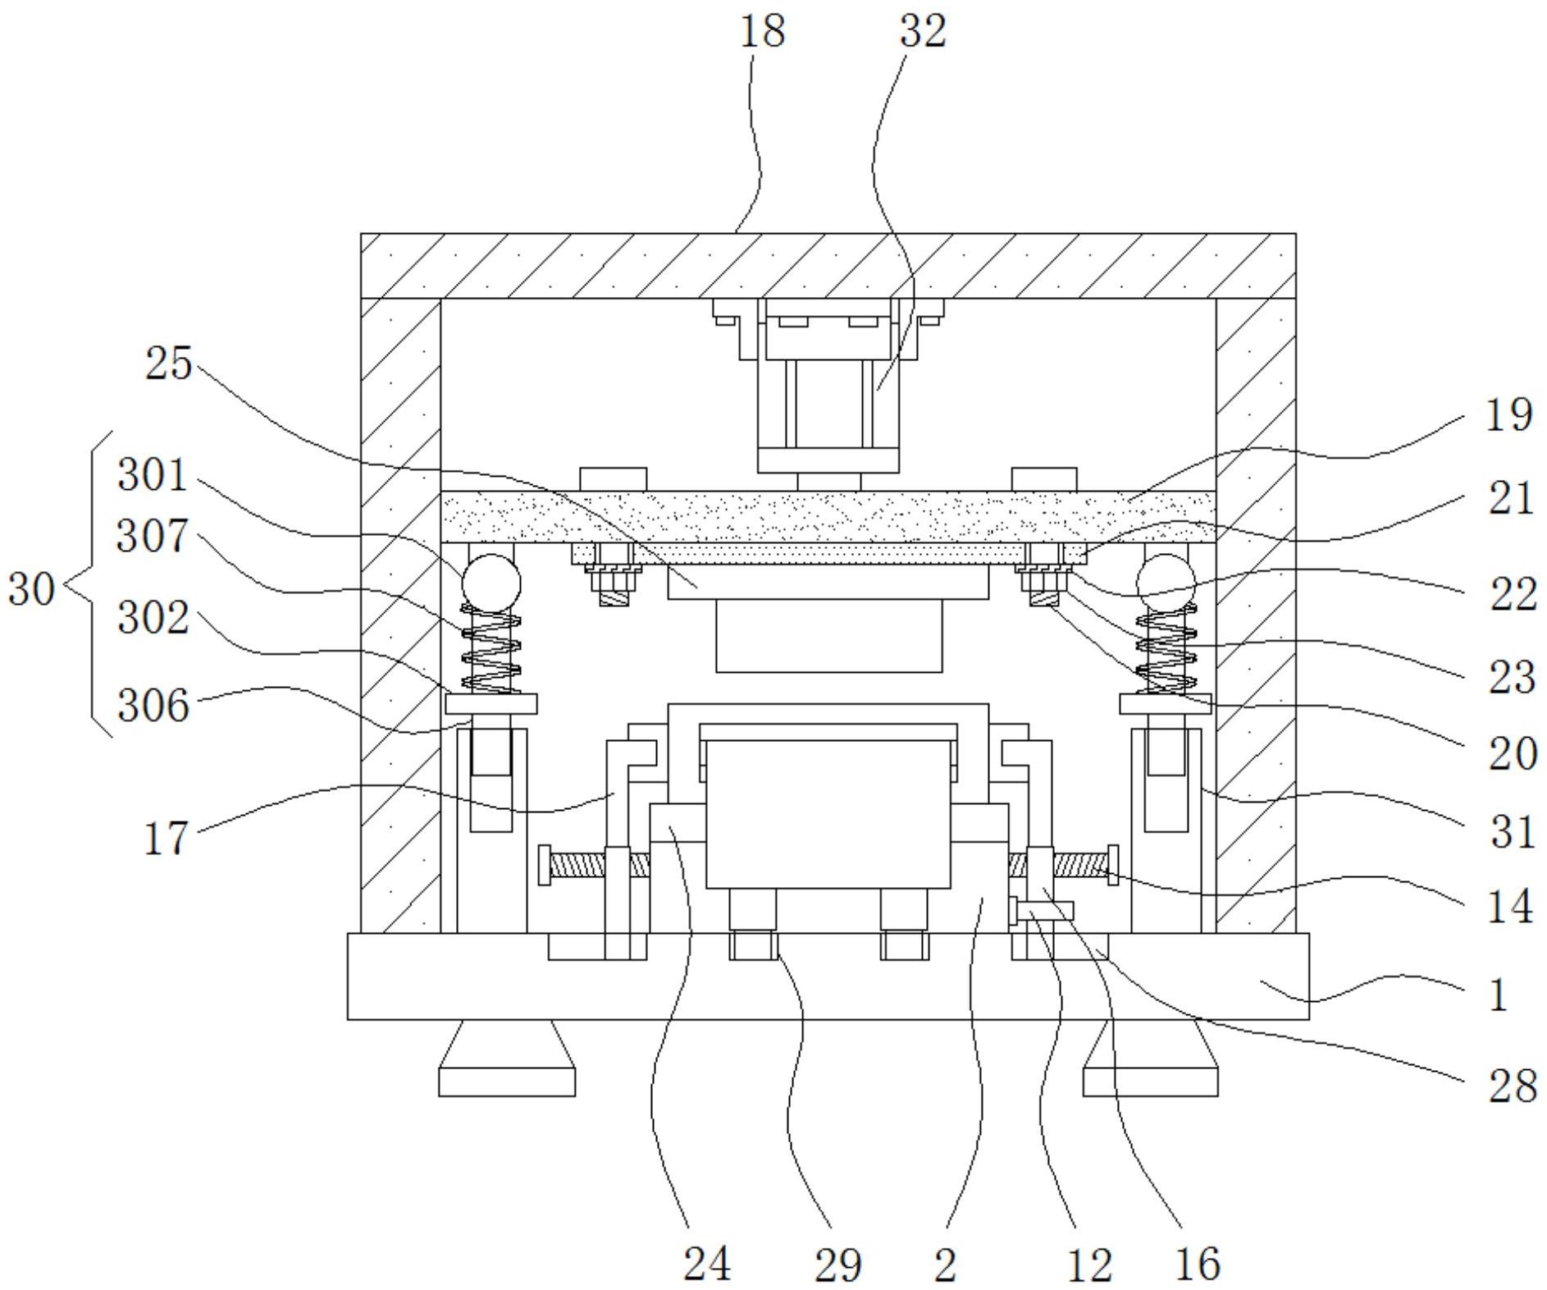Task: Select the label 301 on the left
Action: [153, 475]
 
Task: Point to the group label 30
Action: [31, 589]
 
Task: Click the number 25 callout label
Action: [168, 364]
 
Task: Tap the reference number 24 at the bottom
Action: [707, 1264]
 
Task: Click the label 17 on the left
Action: [167, 839]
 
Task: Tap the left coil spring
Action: [491, 649]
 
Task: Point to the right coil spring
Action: [1166, 649]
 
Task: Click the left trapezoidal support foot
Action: [506, 1058]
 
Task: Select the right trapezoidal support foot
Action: [1150, 1058]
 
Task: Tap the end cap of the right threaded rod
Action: [1112, 865]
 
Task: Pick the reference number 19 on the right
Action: [1508, 415]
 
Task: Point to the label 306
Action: [153, 705]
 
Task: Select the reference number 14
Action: [1510, 908]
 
